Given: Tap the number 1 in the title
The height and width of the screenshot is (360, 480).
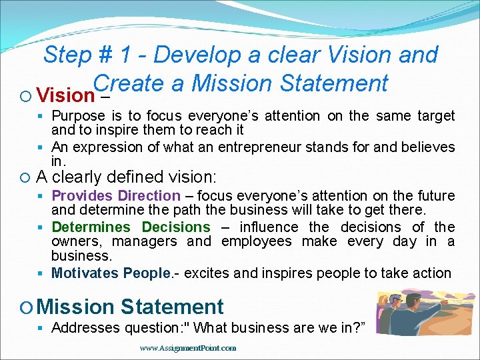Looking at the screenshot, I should tap(139, 55).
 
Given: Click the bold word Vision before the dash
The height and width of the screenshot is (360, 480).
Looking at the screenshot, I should tap(66, 95).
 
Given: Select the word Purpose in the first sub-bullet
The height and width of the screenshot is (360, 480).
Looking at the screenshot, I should tap(79, 116).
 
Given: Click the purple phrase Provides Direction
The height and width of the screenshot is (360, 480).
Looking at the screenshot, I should tap(116, 196).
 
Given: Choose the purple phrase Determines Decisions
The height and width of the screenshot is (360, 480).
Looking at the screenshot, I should tap(131, 227).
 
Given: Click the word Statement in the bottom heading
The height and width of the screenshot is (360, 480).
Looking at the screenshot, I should tap(172, 307).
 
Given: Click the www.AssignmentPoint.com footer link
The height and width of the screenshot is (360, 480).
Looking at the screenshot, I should tap(188, 348).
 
